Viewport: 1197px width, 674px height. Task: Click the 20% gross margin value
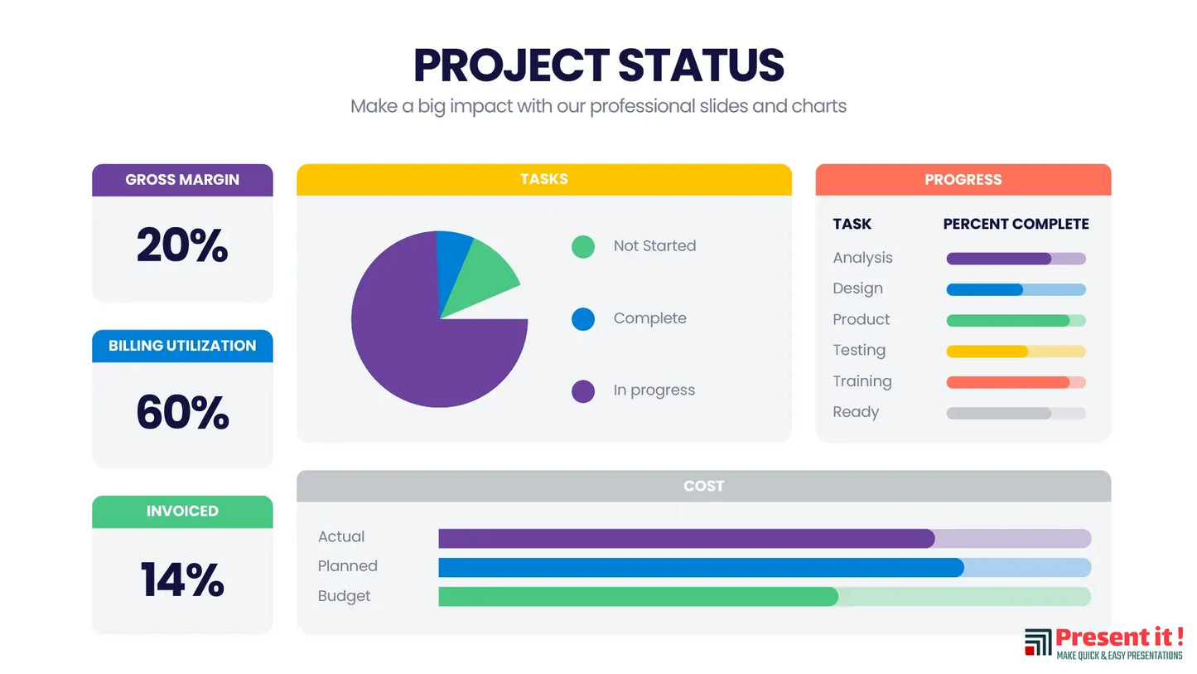(x=182, y=246)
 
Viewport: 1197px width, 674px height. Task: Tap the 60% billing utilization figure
(x=182, y=413)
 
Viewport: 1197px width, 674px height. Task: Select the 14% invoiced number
(x=182, y=579)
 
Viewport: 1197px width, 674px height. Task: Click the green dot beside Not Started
(x=583, y=246)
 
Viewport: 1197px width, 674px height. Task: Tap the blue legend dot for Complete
(x=583, y=319)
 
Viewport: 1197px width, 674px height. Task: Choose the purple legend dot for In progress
(x=583, y=391)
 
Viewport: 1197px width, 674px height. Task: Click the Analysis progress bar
(x=1016, y=259)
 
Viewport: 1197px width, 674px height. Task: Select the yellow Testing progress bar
(x=1016, y=352)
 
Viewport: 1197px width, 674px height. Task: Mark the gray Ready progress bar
(x=1016, y=413)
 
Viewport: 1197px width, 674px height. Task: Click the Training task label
(x=862, y=381)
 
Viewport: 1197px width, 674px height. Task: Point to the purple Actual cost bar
(x=686, y=538)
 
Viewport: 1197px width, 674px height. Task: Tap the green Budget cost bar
(x=638, y=597)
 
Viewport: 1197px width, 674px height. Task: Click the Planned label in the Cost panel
(x=348, y=566)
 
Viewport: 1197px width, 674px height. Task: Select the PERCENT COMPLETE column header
(x=1016, y=224)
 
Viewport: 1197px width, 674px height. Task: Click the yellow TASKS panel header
(x=544, y=179)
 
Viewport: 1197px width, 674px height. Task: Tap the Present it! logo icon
(x=1038, y=642)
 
